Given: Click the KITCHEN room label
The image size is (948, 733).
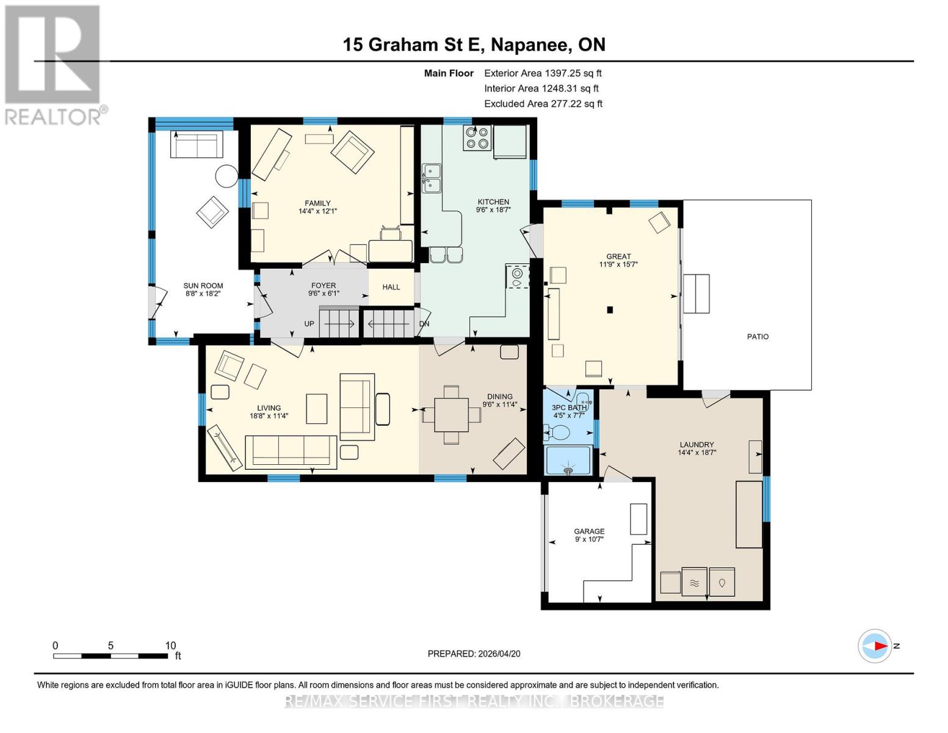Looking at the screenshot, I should [x=493, y=202].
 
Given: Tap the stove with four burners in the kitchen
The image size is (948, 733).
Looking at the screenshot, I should [x=477, y=138].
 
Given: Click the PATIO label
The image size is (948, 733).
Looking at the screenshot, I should [x=758, y=337].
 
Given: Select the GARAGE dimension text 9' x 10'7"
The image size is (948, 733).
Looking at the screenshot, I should [x=588, y=539].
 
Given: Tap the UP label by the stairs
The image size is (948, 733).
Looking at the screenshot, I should [x=309, y=324].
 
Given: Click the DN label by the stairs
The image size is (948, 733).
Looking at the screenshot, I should [x=424, y=324].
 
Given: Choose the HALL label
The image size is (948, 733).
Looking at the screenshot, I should [x=391, y=287].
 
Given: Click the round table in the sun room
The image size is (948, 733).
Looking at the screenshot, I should [x=226, y=177].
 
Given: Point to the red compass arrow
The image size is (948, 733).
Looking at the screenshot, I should [x=880, y=646].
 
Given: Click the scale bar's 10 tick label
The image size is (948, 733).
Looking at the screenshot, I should [x=170, y=646].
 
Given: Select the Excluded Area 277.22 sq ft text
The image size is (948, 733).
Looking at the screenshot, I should [x=543, y=104].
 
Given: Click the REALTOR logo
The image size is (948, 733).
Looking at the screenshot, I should [x=54, y=64].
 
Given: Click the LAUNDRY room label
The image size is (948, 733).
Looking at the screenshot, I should [x=697, y=445].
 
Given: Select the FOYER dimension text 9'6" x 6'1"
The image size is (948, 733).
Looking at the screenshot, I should [x=324, y=293].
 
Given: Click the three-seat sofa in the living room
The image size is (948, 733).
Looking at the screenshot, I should [x=291, y=452].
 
